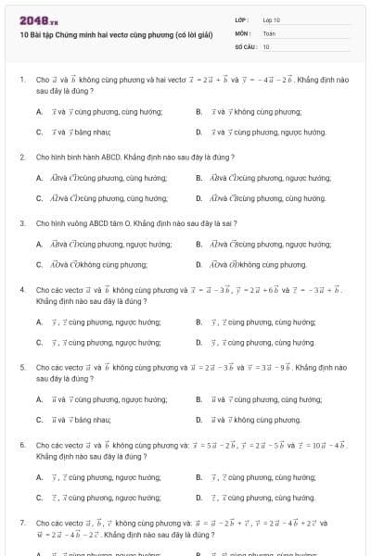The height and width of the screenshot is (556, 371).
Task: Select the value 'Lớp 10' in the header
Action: tap(271, 19)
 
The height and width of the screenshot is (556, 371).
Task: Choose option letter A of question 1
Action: tap(39, 111)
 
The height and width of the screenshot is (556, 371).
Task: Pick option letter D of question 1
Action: tap(198, 133)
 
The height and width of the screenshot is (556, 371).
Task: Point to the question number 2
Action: tap(21, 158)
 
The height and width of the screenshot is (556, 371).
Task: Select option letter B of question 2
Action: tap(198, 177)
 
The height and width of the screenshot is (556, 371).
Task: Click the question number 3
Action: tap(21, 223)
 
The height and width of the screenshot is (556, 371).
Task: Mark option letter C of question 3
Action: tap(39, 265)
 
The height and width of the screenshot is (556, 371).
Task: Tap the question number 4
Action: tap(21, 290)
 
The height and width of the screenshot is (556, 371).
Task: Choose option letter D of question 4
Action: tap(198, 343)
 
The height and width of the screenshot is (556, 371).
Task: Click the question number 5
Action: tap(21, 368)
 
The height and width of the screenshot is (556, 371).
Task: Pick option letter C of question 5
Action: tap(39, 420)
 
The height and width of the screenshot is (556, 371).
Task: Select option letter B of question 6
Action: tap(198, 477)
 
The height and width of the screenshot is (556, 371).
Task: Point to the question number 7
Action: tap(21, 524)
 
